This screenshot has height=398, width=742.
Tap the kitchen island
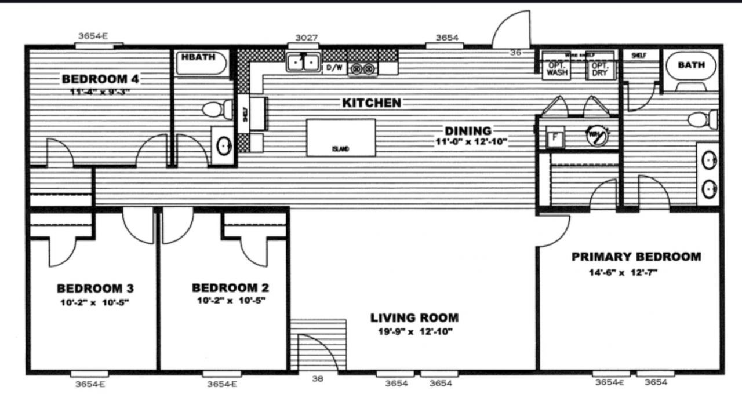point(341,137)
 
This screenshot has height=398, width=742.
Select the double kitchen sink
point(303,61)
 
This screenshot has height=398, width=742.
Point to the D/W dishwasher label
point(334,68)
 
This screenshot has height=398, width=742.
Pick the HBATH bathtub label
point(198,57)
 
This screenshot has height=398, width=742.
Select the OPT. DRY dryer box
point(601,70)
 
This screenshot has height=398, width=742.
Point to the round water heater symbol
point(598,136)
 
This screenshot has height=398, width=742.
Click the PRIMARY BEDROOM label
point(636,257)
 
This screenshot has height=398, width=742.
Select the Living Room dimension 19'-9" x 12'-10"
point(414,332)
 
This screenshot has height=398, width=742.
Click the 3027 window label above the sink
point(306,38)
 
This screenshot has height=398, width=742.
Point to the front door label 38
point(318,379)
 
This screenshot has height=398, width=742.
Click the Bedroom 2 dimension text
point(230,301)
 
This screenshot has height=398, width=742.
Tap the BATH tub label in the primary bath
point(692,65)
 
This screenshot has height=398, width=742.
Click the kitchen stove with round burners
point(362,68)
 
